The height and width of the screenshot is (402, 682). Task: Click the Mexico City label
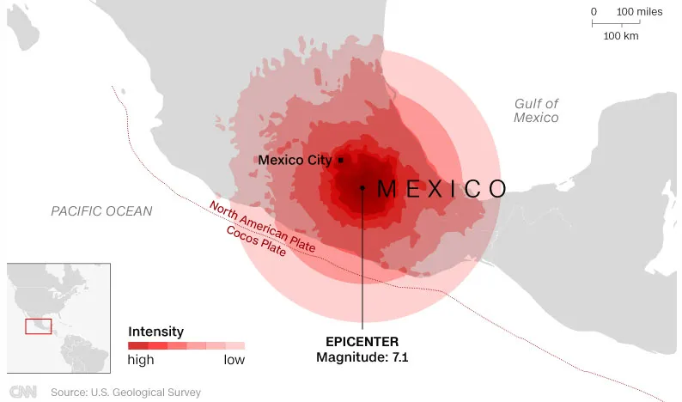point(295,161)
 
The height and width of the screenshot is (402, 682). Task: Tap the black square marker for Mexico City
point(341,160)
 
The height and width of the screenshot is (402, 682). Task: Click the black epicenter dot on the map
point(362,187)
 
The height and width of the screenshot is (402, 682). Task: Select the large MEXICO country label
point(441,188)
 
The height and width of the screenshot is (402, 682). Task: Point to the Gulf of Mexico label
point(536,111)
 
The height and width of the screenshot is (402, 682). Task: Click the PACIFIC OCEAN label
point(100,211)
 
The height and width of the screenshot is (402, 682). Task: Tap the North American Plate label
point(262,226)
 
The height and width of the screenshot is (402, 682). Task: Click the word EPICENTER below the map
point(362,340)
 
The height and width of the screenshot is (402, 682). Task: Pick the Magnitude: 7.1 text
point(362,357)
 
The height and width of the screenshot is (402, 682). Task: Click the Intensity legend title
point(155,331)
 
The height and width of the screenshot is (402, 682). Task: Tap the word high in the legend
point(141,360)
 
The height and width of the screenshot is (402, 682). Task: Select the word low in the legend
point(234,360)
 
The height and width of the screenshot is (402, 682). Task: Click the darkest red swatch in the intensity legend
point(137,345)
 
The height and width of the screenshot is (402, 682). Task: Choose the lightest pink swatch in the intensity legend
point(235,345)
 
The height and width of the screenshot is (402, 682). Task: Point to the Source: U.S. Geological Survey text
point(125,393)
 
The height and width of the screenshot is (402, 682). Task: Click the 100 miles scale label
point(639,11)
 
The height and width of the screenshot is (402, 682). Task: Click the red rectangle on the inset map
point(38,326)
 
